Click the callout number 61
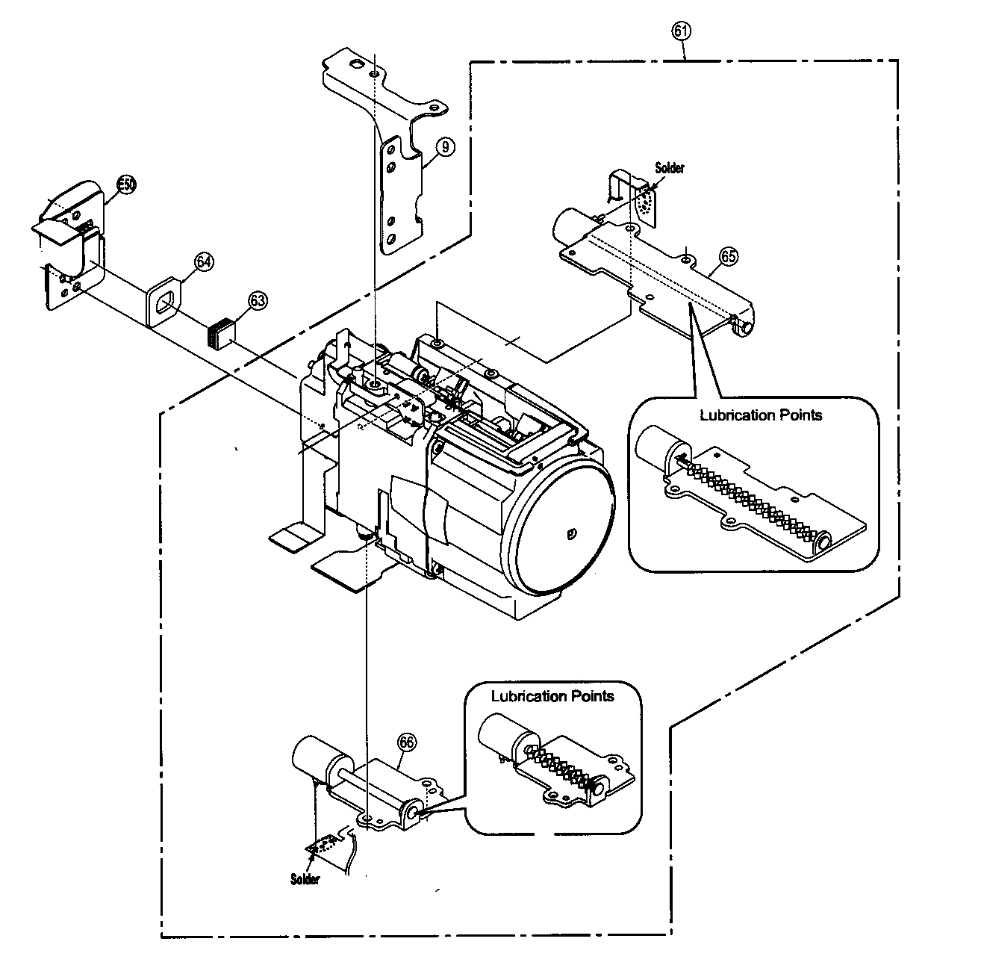tap(681, 31)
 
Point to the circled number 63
tap(256, 301)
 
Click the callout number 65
tap(728, 256)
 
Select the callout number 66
tap(406, 742)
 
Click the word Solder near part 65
tap(669, 169)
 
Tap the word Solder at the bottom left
tap(305, 879)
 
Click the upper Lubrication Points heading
tap(760, 415)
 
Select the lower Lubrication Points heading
tap(552, 696)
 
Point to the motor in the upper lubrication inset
tap(657, 452)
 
